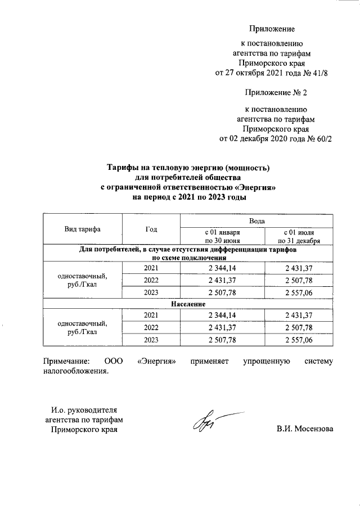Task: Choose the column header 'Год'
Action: pos(151,229)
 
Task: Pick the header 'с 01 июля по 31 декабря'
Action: pos(302,236)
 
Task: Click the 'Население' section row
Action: pos(188,304)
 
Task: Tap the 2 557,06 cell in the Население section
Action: pos(302,341)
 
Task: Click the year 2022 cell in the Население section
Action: pos(151,327)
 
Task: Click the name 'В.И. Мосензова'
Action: pos(304,429)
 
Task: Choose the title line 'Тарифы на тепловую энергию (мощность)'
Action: pos(188,168)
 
